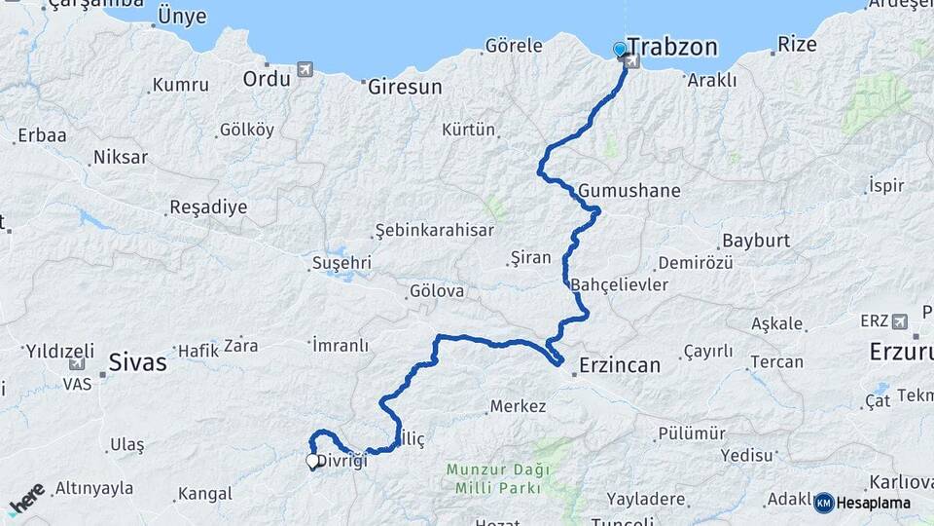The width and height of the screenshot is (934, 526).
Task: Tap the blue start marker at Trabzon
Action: click(620, 49)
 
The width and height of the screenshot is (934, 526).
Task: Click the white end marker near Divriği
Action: click(313, 462)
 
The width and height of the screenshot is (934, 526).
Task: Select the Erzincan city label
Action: click(619, 365)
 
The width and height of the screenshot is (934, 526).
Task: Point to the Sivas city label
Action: click(137, 362)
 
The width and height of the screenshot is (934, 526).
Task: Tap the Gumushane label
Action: click(629, 190)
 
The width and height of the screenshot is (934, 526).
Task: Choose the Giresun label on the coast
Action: click(405, 87)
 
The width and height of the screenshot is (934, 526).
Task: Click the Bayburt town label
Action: click(755, 241)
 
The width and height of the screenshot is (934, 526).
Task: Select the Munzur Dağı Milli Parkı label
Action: click(497, 478)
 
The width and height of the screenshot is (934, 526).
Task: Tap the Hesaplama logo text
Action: click(873, 503)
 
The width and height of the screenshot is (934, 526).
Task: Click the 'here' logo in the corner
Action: click(27, 498)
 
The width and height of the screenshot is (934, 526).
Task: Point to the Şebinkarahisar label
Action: click(435, 231)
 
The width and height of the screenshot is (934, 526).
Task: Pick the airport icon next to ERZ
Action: click(899, 320)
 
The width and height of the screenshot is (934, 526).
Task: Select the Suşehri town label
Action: click(341, 263)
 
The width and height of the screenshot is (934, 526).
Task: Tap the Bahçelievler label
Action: click(620, 284)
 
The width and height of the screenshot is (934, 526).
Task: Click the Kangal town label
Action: click(205, 493)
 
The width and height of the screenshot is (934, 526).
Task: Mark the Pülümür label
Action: click(692, 433)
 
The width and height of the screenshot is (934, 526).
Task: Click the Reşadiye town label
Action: click(208, 207)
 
